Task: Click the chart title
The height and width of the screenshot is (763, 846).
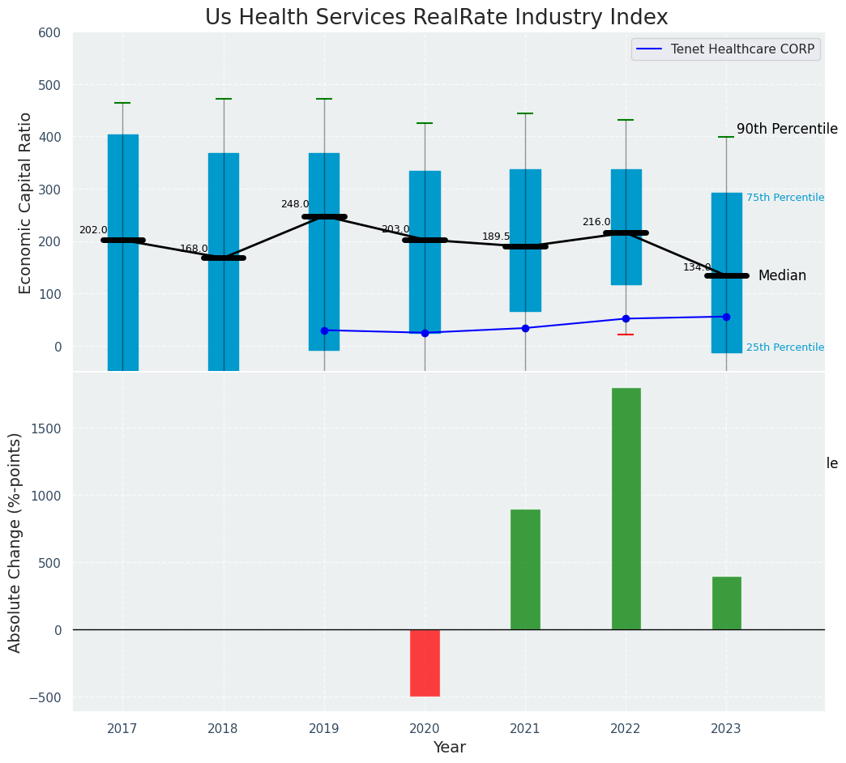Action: pyautogui.click(x=436, y=18)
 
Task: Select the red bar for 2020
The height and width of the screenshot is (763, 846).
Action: pyautogui.click(x=425, y=663)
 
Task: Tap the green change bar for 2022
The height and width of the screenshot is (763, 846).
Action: pyautogui.click(x=626, y=509)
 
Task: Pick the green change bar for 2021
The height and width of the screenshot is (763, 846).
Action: pyautogui.click(x=525, y=569)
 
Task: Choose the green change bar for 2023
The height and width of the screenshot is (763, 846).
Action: pyautogui.click(x=726, y=603)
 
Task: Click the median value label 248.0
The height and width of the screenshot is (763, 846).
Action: pyautogui.click(x=295, y=204)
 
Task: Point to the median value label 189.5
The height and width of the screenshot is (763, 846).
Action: pyautogui.click(x=496, y=237)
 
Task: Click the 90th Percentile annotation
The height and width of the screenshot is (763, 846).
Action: pyautogui.click(x=787, y=129)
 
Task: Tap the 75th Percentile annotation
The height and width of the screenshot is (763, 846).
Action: pyautogui.click(x=784, y=198)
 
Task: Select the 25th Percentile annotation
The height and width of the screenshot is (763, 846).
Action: pyautogui.click(x=784, y=347)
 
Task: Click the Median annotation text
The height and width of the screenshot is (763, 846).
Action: pyautogui.click(x=782, y=276)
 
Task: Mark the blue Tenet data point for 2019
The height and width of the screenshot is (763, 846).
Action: pyautogui.click(x=324, y=330)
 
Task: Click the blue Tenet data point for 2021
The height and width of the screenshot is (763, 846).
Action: pyautogui.click(x=525, y=328)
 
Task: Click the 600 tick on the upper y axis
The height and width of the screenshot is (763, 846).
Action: pyautogui.click(x=49, y=32)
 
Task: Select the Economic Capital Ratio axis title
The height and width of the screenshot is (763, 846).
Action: pyautogui.click(x=25, y=202)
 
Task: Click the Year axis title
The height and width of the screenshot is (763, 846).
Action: pyautogui.click(x=449, y=748)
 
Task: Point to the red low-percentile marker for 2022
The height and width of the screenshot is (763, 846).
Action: pyautogui.click(x=626, y=335)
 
